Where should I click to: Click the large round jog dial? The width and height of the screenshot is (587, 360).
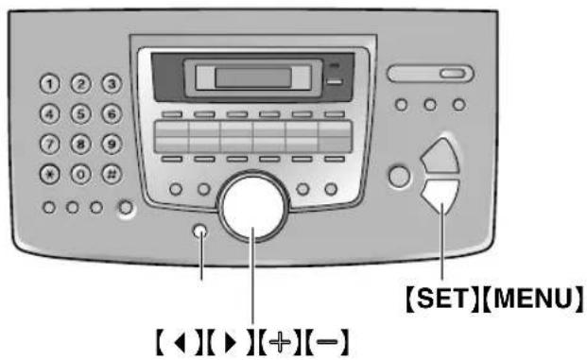252,209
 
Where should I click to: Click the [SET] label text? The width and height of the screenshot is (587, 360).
433,298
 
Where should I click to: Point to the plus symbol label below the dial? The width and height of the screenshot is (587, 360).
280,337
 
